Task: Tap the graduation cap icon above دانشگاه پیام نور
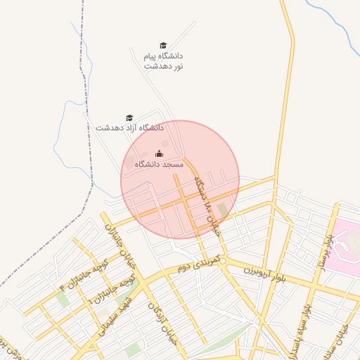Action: [x=163, y=46]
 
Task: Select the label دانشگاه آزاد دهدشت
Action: [x=130, y=128]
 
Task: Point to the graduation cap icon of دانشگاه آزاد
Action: [x=129, y=118]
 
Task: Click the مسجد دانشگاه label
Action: [x=159, y=164]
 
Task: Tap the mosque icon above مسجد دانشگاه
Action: [x=159, y=154]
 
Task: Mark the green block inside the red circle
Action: [x=223, y=210]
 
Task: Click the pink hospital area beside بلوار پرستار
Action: [x=346, y=242]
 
